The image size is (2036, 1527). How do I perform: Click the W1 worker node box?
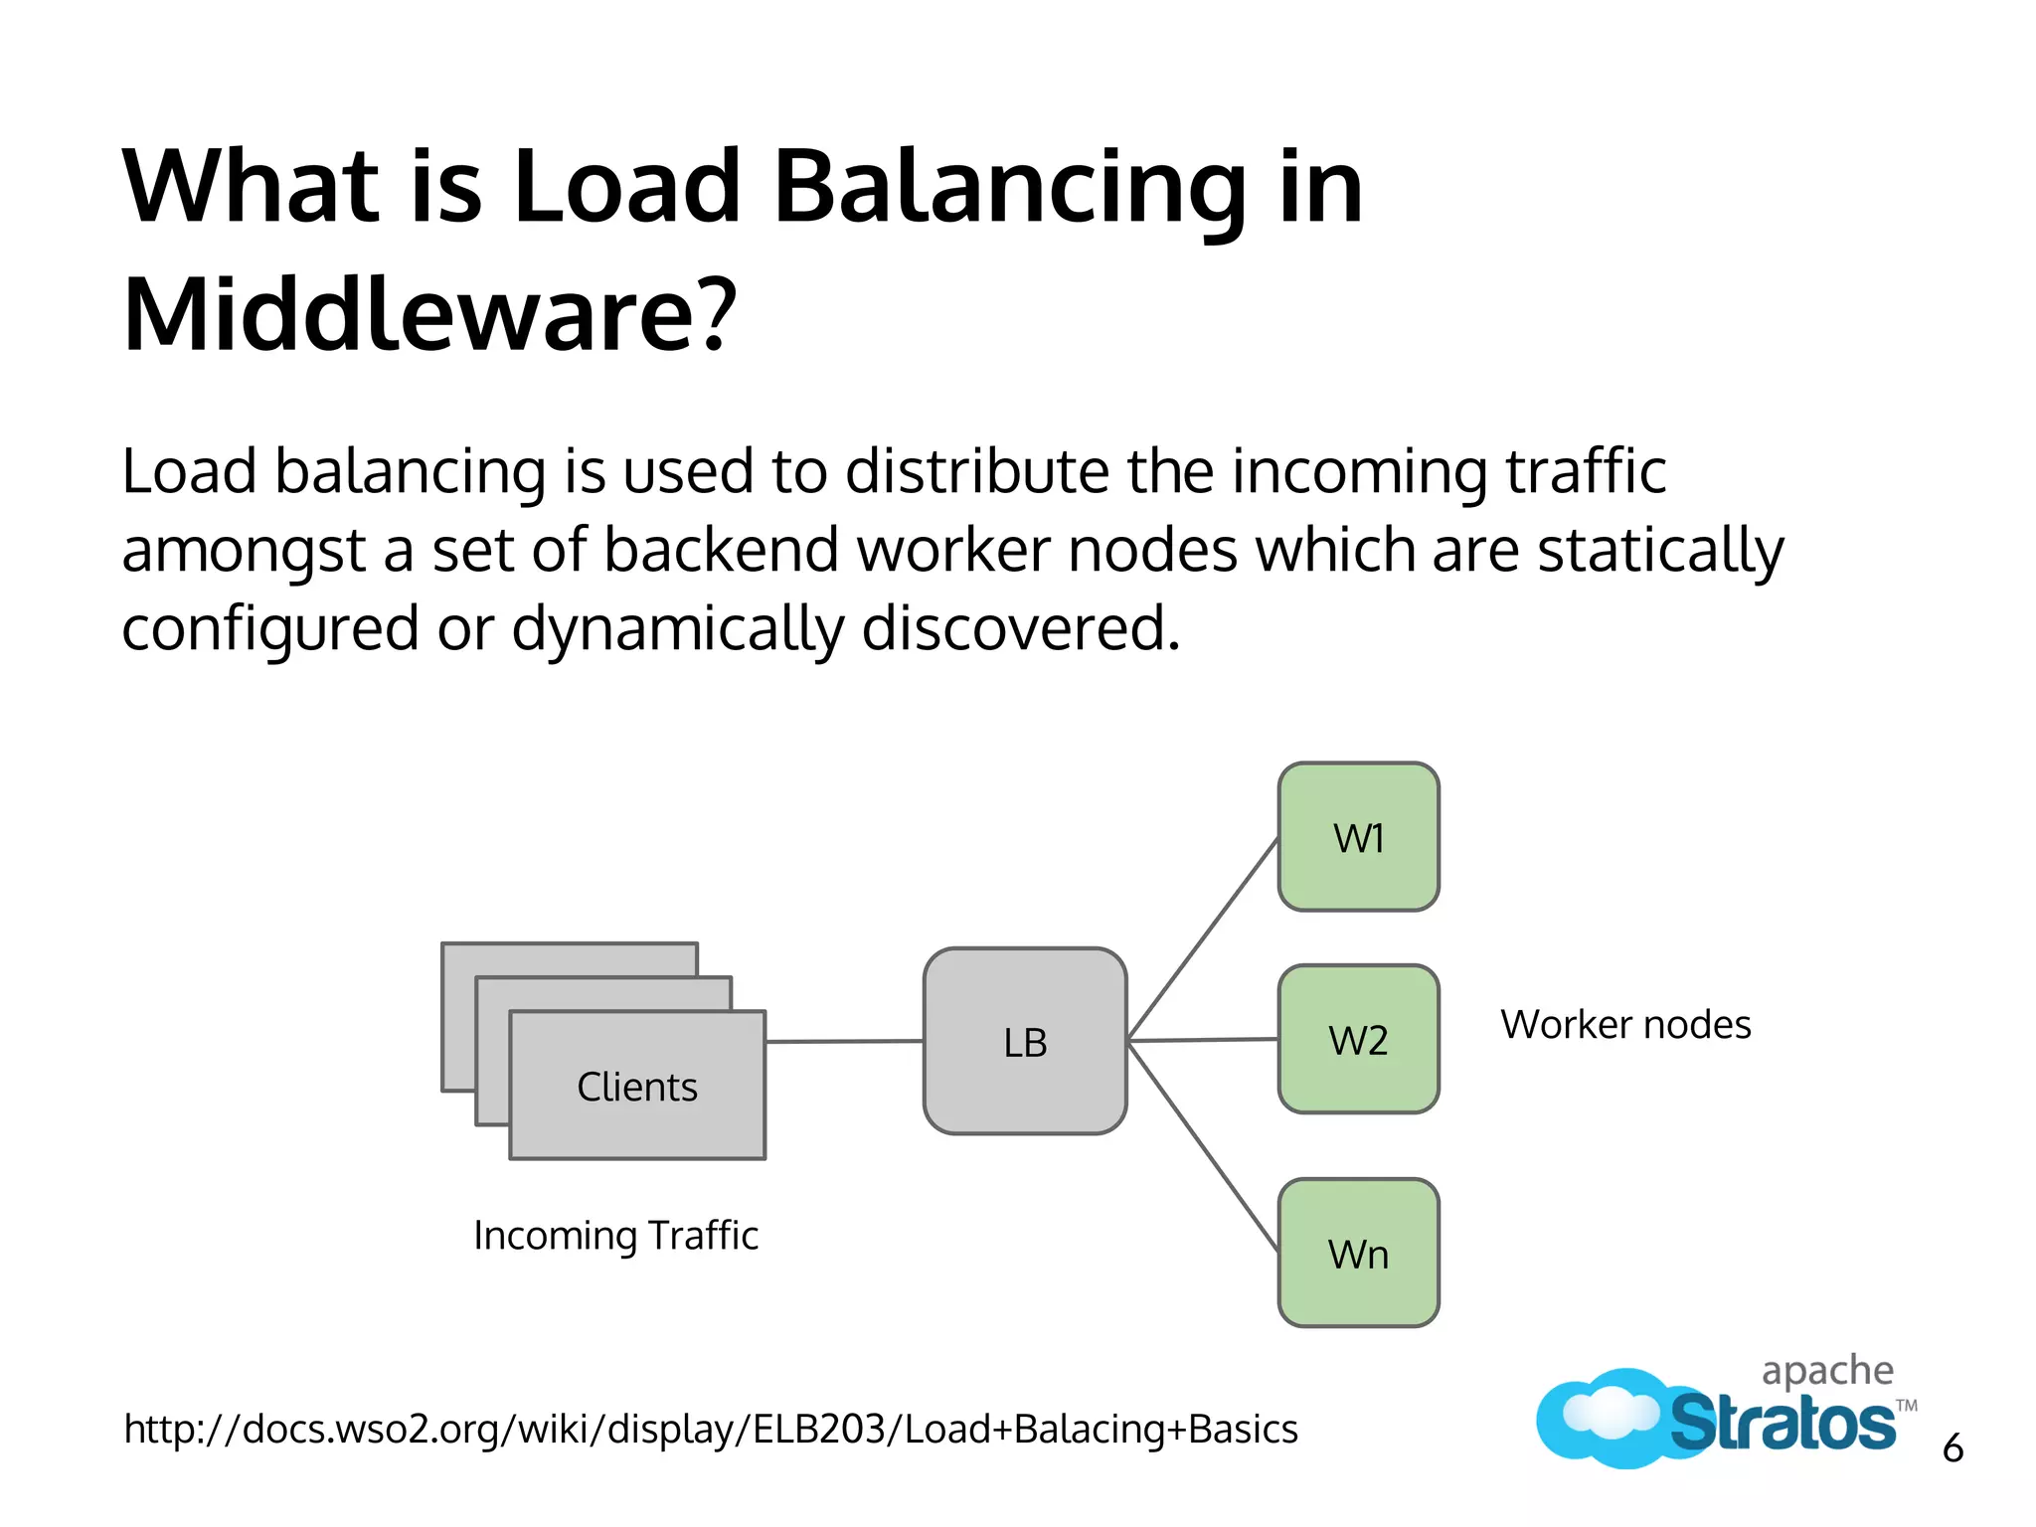pyautogui.click(x=1358, y=837)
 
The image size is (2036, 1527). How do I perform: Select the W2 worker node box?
pyautogui.click(x=1358, y=1039)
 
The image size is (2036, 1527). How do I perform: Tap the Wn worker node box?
pyautogui.click(x=1358, y=1253)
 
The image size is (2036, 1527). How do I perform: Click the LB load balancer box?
pyautogui.click(x=1025, y=1041)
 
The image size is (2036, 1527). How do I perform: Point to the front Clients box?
pyautogui.click(x=637, y=1086)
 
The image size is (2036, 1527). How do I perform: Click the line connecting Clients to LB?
pyautogui.click(x=845, y=1041)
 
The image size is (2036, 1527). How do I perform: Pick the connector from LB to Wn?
pyautogui.click(x=1203, y=1145)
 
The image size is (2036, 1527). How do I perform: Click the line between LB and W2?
pyautogui.click(x=1203, y=1040)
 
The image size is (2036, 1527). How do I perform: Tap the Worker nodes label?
pyautogui.click(x=1625, y=1024)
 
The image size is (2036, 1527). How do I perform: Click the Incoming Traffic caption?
pyautogui.click(x=615, y=1236)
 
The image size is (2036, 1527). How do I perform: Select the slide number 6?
pyautogui.click(x=1952, y=1448)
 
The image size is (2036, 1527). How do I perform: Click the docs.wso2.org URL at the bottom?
pyautogui.click(x=711, y=1430)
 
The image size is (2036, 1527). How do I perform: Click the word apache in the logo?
pyautogui.click(x=1827, y=1370)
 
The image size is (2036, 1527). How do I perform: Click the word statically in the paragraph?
pyautogui.click(x=1660, y=550)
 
